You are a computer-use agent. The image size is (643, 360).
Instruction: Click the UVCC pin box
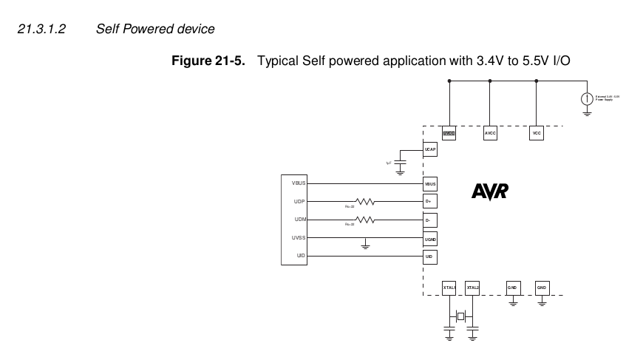coord(449,134)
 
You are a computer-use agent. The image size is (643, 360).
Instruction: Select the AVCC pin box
coord(490,134)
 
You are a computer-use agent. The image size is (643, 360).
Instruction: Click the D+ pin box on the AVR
coord(429,201)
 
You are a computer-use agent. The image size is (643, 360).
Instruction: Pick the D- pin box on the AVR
coord(429,220)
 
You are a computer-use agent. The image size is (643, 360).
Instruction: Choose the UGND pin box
coord(429,238)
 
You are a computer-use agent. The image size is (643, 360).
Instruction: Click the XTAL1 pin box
coord(449,287)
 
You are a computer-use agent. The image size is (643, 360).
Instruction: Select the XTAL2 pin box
coord(473,287)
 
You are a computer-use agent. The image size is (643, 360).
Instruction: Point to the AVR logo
coord(490,191)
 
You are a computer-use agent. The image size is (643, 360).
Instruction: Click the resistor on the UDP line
coord(365,201)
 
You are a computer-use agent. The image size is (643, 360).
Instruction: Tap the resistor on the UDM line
coord(365,220)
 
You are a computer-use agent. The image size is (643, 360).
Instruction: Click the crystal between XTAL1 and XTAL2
coord(461,316)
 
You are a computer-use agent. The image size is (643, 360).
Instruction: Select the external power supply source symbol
coord(587,99)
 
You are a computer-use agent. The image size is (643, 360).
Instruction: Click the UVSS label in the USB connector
coord(300,238)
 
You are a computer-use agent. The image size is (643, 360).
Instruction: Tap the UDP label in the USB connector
coord(300,201)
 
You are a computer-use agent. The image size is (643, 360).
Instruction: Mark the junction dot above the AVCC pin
coord(490,80)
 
